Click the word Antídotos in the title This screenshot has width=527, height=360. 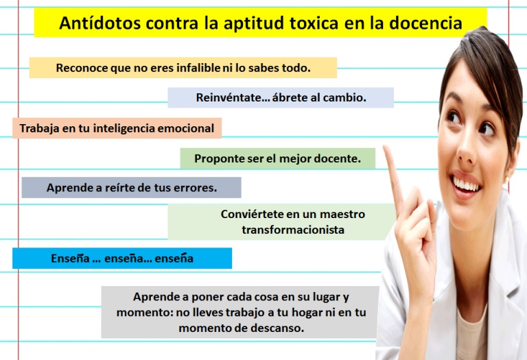tap(99, 23)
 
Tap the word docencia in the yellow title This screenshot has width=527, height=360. tap(425, 23)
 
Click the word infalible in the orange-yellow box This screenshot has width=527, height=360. tap(198, 67)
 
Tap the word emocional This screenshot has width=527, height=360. tap(186, 128)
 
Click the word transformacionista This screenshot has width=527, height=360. tap(293, 230)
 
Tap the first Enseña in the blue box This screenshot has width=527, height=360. tap(70, 259)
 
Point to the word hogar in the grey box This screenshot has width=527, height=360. tap(307, 312)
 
